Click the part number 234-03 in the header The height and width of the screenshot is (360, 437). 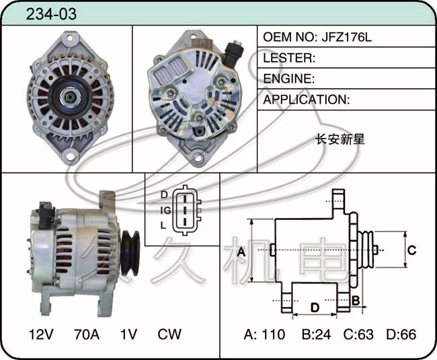pyautogui.click(x=51, y=13)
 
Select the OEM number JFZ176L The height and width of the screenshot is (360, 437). pyautogui.click(x=346, y=37)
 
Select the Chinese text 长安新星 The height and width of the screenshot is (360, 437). pyautogui.click(x=340, y=139)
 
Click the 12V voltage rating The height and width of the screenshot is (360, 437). pyautogui.click(x=41, y=334)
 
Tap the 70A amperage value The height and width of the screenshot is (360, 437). pyautogui.click(x=87, y=334)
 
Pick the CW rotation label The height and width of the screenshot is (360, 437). pyautogui.click(x=169, y=334)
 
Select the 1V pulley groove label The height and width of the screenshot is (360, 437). pyautogui.click(x=128, y=334)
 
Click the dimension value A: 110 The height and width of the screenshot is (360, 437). pyautogui.click(x=264, y=334)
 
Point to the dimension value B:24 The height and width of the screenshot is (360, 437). pyautogui.click(x=317, y=334)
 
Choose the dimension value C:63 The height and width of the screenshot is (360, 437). pyautogui.click(x=358, y=334)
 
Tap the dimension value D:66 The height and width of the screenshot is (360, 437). pyautogui.click(x=401, y=334)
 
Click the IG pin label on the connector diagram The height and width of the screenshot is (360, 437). pyautogui.click(x=166, y=210)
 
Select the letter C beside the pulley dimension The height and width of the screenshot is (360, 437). pyautogui.click(x=411, y=250)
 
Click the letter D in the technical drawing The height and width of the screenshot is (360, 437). pyautogui.click(x=315, y=308)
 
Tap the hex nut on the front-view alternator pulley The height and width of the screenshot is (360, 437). pyautogui.click(x=70, y=97)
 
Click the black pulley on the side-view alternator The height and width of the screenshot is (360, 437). pyautogui.click(x=130, y=253)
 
